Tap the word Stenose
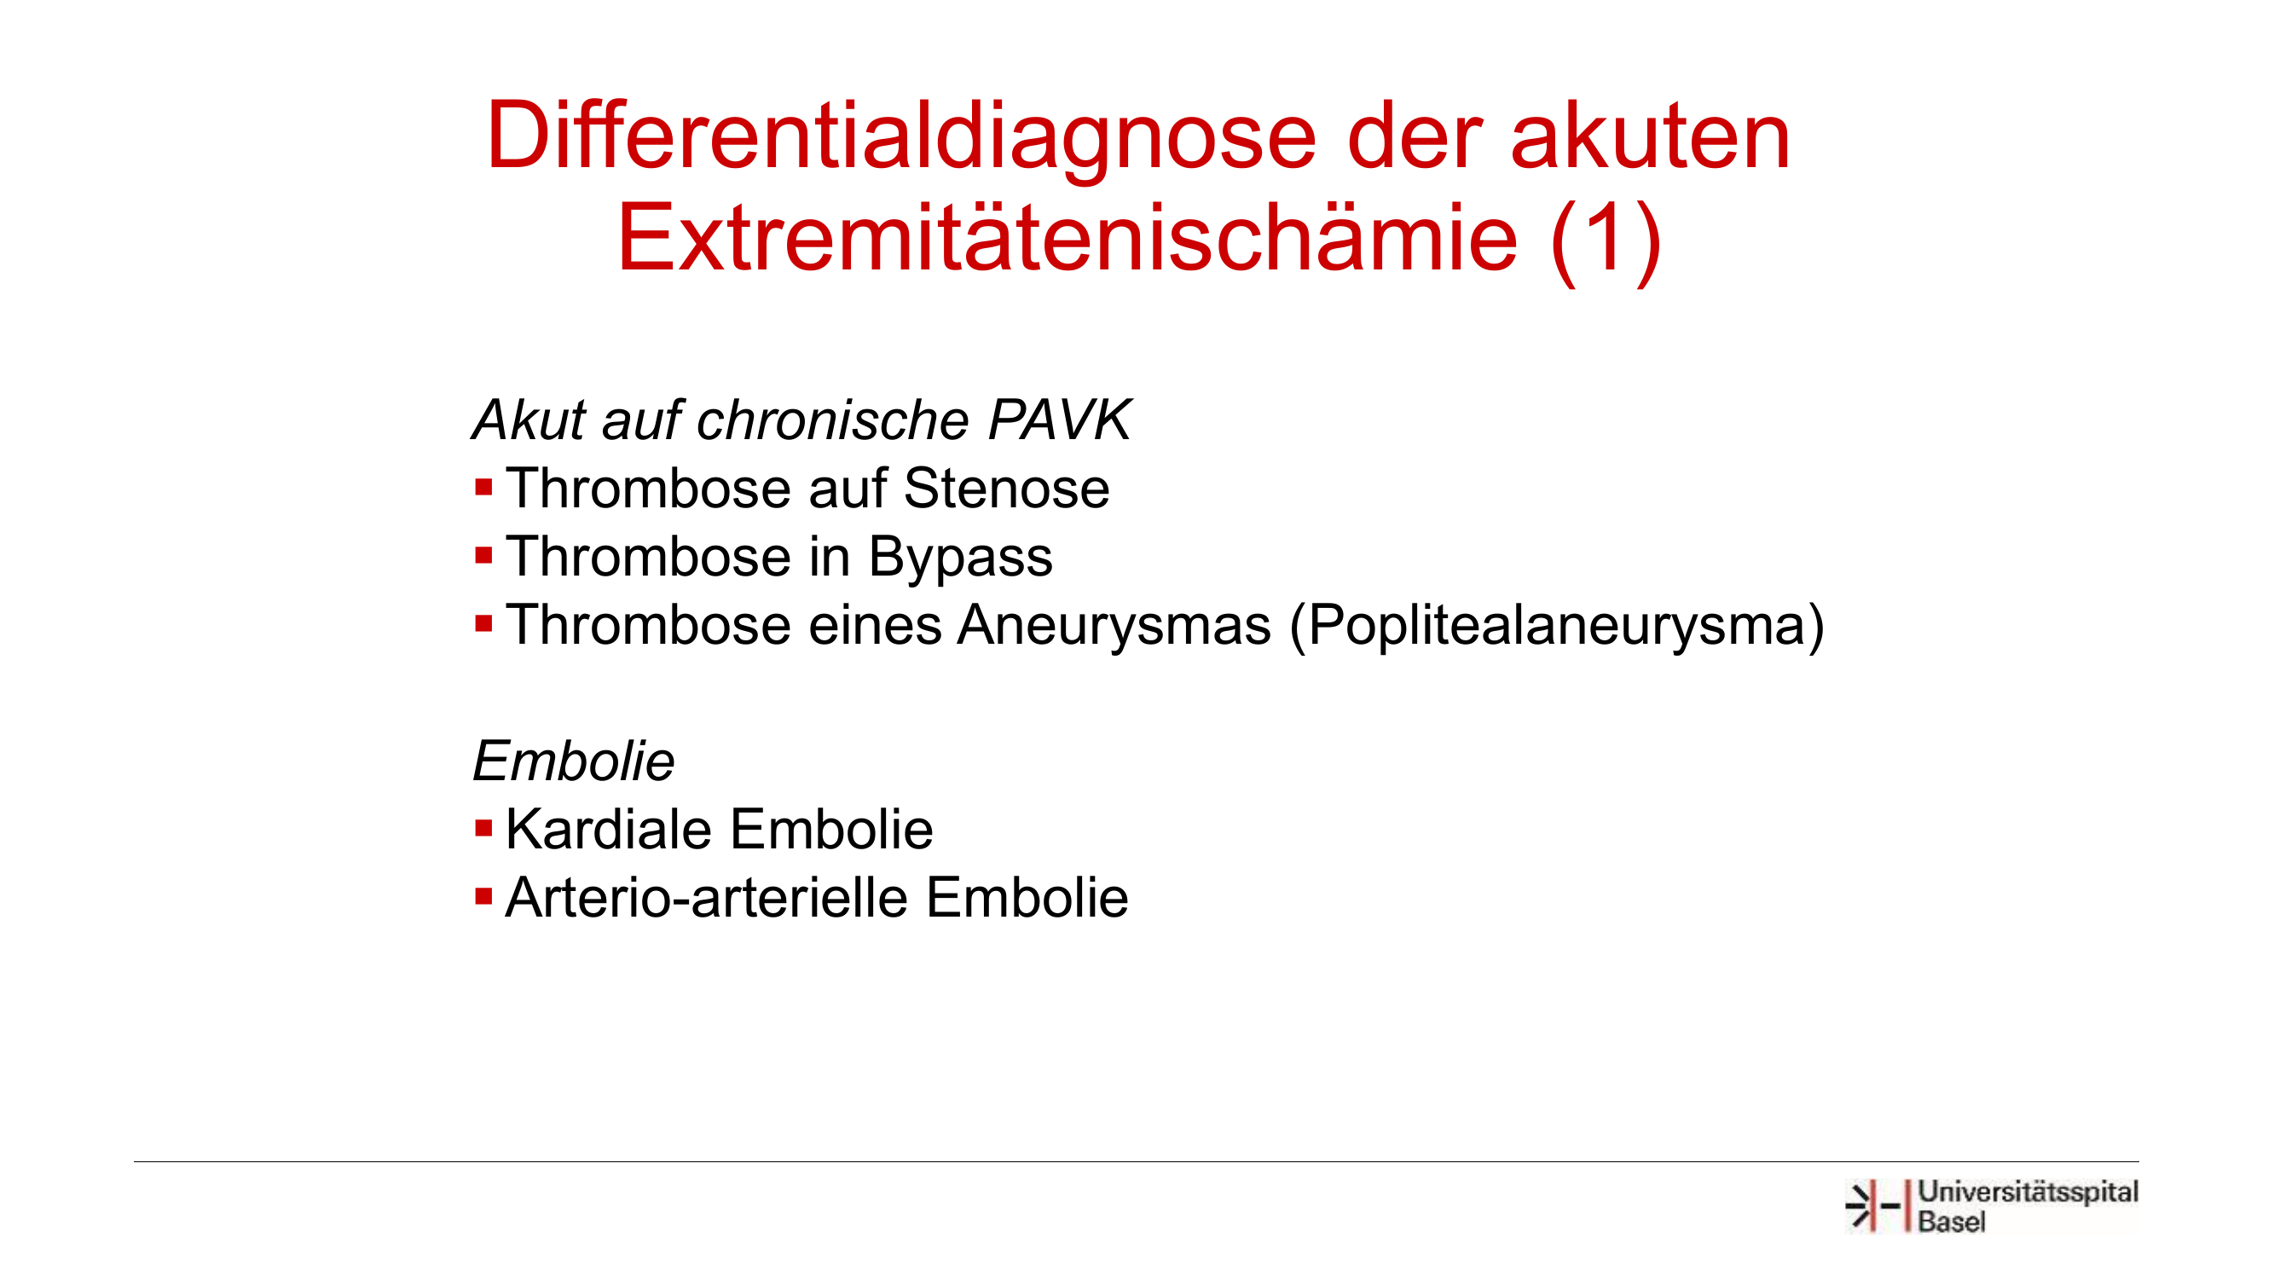1006,488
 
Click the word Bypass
960,558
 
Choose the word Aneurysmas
1114,626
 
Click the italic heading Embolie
574,761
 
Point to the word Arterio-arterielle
706,898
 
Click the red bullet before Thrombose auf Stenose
483,487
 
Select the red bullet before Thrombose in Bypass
483,556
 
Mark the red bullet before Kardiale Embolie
483,829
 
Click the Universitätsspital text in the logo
2028,1194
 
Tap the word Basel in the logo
1951,1223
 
